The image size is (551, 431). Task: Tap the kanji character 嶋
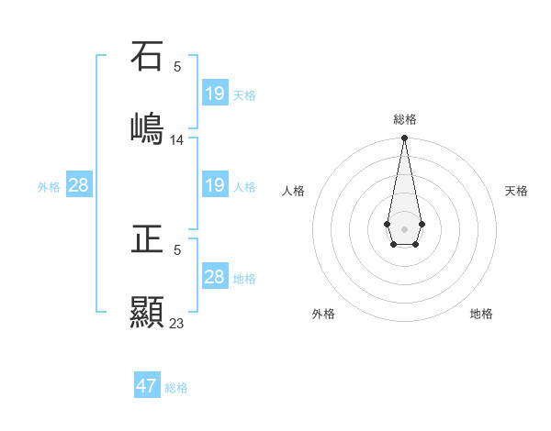[148, 127]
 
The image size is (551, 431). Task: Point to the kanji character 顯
[148, 312]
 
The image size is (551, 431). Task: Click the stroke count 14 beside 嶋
[177, 140]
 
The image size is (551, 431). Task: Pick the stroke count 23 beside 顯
[177, 324]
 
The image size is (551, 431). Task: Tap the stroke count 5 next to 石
[177, 66]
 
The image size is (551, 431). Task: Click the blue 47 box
[147, 386]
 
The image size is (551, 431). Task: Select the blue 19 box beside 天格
[215, 94]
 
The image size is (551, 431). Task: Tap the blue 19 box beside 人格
[215, 185]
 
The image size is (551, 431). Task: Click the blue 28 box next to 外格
[79, 185]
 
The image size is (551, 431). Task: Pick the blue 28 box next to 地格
[215, 277]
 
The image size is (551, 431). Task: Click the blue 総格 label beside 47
[176, 388]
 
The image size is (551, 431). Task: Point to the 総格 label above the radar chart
[405, 119]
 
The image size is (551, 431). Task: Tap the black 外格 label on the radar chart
[323, 314]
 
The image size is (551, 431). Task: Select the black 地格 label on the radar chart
[481, 314]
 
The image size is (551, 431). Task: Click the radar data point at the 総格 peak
[404, 138]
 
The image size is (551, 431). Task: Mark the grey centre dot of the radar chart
[404, 227]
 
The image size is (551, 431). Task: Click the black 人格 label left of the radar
[294, 191]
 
